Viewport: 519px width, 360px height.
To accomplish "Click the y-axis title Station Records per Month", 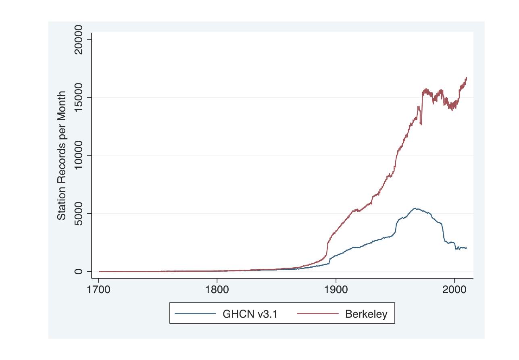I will point(61,156).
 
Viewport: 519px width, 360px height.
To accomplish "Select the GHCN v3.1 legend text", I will point(250,314).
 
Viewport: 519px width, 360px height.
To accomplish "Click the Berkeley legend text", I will point(366,314).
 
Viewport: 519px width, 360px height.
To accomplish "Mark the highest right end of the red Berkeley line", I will point(466,78).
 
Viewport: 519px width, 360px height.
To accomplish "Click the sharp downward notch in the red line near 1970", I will point(421,124).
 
